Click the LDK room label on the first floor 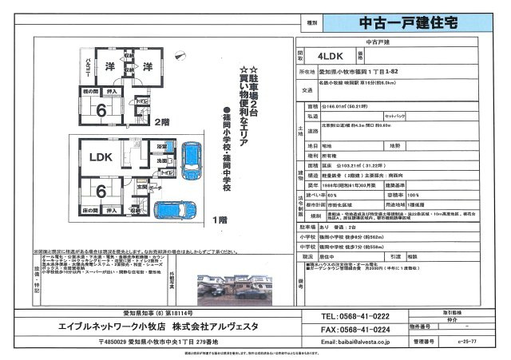coord(101,158)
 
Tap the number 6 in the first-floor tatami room coord(101,192)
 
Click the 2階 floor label coord(162,122)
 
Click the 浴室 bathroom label coord(161,148)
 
